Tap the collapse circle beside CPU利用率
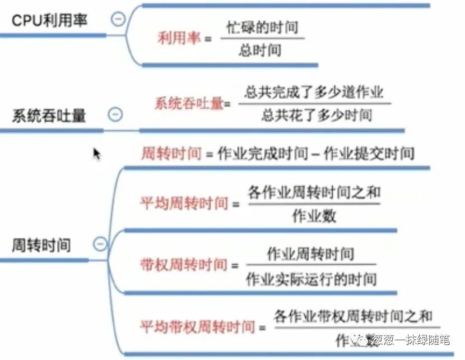[118, 19]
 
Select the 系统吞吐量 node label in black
[49, 116]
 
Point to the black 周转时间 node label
[41, 245]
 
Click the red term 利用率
[179, 38]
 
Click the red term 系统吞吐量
[189, 103]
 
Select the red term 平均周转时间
[184, 202]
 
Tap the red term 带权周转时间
[184, 265]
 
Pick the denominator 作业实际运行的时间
[311, 279]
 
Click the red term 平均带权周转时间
[197, 326]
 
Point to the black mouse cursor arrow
[96, 153]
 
